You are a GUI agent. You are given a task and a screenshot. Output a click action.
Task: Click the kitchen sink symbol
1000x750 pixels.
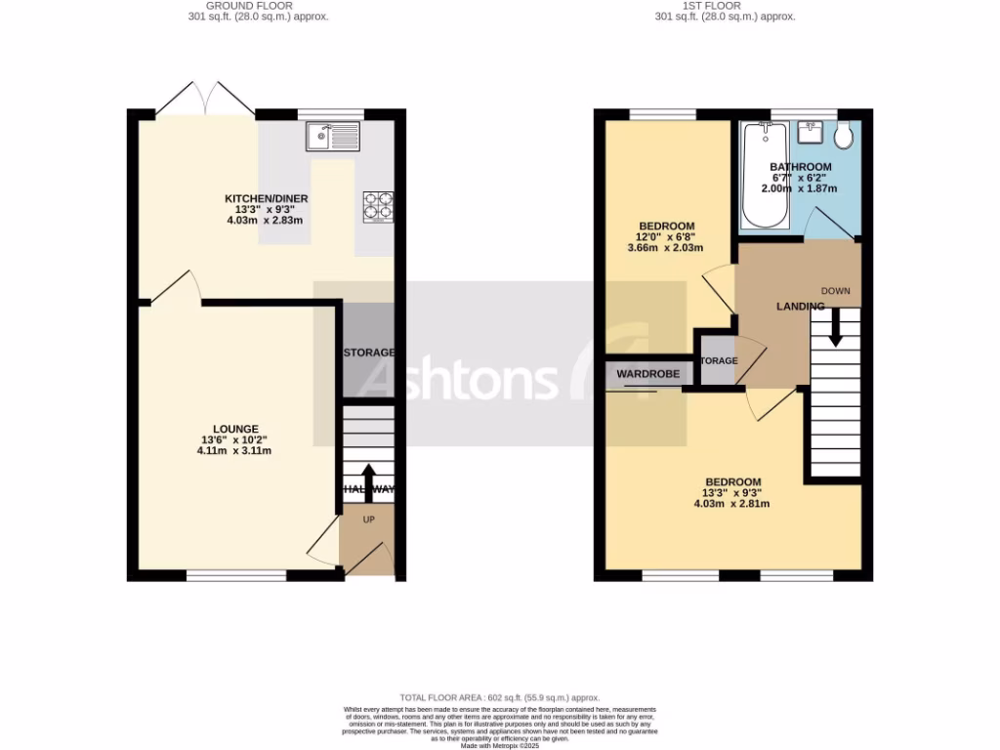pos(333,137)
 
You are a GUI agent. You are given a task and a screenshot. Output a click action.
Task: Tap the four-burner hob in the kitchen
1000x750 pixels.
pos(379,205)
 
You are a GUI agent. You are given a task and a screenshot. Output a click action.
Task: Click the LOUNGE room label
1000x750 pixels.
pos(235,429)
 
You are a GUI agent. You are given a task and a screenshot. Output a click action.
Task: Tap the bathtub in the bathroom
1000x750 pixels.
pos(757,176)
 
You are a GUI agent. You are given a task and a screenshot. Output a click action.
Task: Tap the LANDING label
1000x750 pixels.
pos(800,307)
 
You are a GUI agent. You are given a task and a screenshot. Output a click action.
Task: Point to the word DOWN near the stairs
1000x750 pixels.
pos(835,291)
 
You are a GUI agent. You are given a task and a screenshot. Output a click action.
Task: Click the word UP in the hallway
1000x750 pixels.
pos(368,520)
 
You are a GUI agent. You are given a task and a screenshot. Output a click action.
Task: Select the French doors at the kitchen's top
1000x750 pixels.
pos(206,98)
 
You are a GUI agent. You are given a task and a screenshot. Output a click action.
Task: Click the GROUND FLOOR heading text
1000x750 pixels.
pos(258,5)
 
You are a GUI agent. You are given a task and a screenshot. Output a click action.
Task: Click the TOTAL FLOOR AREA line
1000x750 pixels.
pos(499,698)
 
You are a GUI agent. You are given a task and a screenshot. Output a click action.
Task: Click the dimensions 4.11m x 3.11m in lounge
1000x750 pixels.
pos(235,451)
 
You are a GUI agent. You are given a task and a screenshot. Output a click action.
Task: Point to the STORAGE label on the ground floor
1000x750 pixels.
pos(367,353)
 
